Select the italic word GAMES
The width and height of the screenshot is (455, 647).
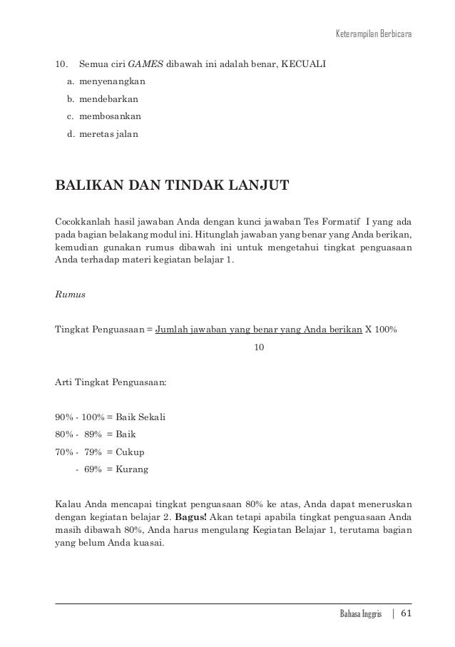coord(150,65)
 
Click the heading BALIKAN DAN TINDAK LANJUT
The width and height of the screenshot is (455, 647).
coord(172,187)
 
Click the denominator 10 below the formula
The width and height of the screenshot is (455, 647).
coord(260,347)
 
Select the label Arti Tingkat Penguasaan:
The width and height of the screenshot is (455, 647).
coord(111,384)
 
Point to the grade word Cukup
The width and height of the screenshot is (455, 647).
coord(130,452)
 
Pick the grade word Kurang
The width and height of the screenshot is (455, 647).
coord(132,469)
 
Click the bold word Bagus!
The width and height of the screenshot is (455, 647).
coord(197,511)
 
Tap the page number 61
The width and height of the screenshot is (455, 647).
coord(407,613)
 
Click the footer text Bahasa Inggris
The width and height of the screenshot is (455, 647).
coord(360,614)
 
